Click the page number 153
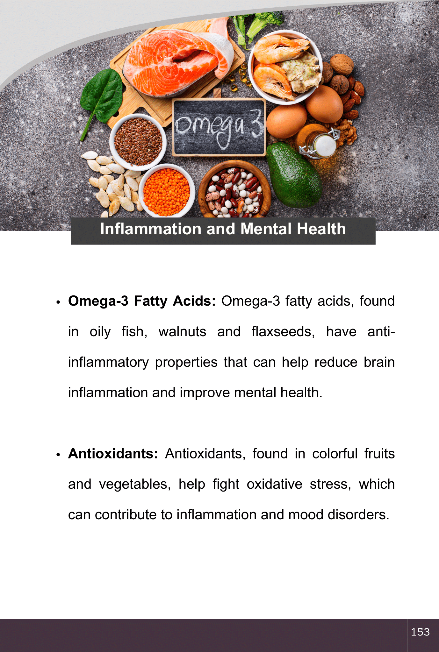pos(420,632)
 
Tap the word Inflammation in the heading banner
pos(150,229)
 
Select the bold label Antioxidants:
pos(113,454)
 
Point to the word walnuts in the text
pos(182,331)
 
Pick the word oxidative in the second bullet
pos(274,484)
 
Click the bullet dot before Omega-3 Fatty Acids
pos(58,302)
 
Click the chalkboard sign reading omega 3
pos(219,127)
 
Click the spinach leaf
pos(102,96)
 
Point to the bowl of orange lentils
pos(167,191)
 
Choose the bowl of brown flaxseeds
pos(138,142)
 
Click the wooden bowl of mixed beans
pos(234,189)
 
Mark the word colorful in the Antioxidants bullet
pos(335,454)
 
